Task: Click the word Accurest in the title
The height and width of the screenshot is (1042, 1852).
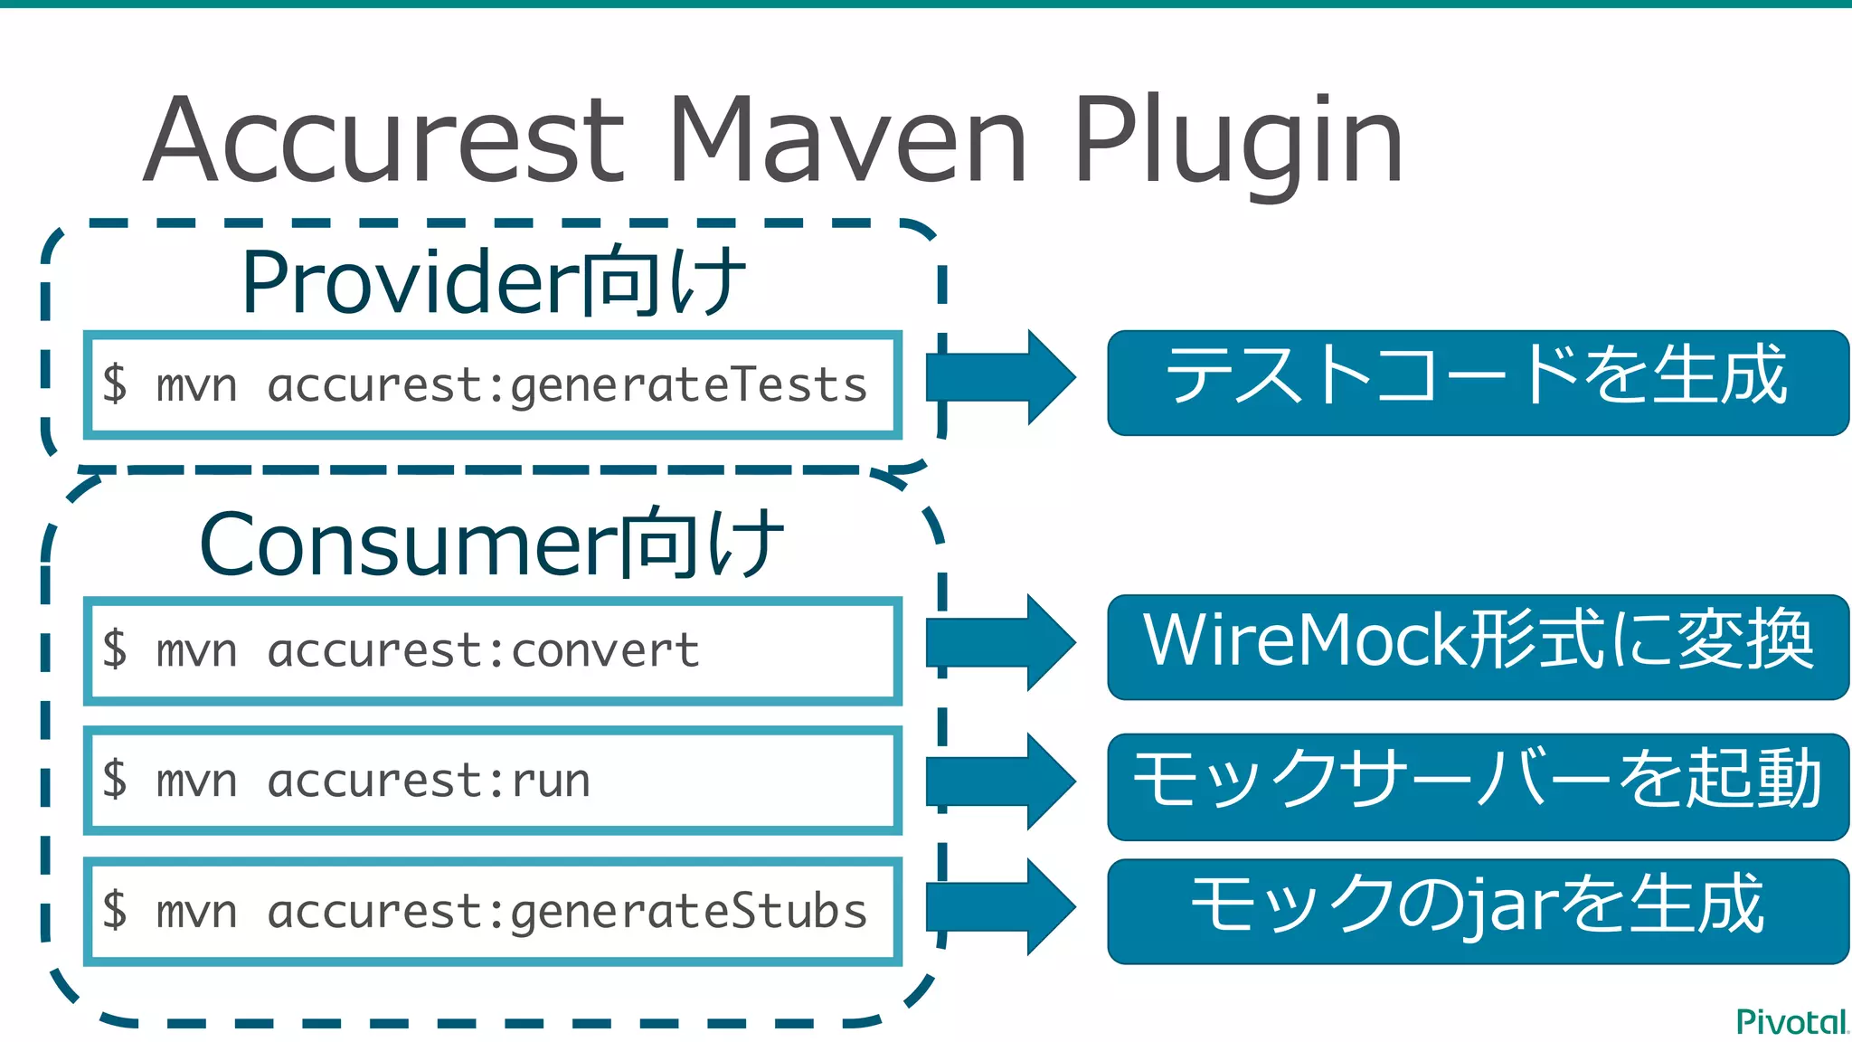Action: (x=384, y=140)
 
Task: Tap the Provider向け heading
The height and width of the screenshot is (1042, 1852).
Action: (x=493, y=282)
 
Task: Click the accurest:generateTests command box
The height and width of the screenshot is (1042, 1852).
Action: (x=493, y=385)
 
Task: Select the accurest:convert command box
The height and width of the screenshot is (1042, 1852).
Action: (x=493, y=650)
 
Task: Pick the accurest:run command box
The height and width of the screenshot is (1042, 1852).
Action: (x=493, y=780)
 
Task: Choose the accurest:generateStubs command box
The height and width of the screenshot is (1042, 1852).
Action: (x=493, y=911)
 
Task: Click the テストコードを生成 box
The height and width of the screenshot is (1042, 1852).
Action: (x=1478, y=383)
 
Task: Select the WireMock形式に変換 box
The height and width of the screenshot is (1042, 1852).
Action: (x=1478, y=647)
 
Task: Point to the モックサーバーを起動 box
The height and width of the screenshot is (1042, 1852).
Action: (x=1478, y=786)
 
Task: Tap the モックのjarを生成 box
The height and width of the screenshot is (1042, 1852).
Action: (x=1478, y=911)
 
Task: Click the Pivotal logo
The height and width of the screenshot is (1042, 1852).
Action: (x=1791, y=1021)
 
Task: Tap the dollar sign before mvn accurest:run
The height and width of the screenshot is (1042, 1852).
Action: (x=115, y=780)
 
